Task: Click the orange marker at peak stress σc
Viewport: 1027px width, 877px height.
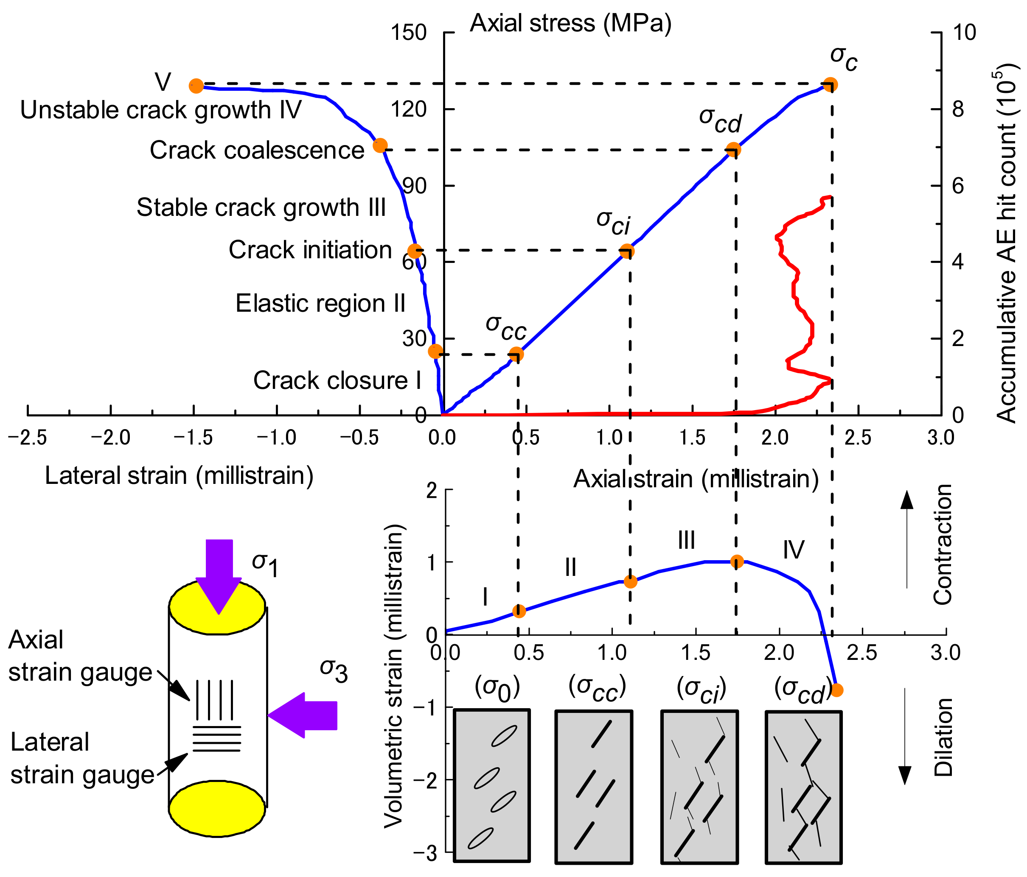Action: [x=831, y=85]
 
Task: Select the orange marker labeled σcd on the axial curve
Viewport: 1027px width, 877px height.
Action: [x=734, y=150]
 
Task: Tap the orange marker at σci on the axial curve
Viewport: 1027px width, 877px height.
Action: [x=627, y=251]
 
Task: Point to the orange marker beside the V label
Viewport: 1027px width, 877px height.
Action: [x=197, y=86]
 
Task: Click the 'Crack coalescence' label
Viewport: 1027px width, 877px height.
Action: [x=257, y=150]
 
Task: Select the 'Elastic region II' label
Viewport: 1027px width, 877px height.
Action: [x=320, y=303]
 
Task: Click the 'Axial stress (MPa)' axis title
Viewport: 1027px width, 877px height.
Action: [x=570, y=23]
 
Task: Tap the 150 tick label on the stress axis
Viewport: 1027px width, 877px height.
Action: [x=408, y=33]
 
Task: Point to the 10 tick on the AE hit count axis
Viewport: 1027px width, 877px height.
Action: [x=964, y=33]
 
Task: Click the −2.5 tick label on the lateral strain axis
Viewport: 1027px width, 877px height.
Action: [x=27, y=438]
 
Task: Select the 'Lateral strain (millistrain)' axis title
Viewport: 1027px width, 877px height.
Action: [x=179, y=475]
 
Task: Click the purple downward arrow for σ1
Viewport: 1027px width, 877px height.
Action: [x=219, y=575]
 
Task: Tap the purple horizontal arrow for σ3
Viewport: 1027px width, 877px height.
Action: [x=303, y=715]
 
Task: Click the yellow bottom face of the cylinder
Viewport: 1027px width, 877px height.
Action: [x=217, y=809]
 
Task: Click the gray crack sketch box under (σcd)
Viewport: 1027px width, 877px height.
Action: [x=803, y=788]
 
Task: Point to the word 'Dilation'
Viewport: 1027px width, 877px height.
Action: [x=943, y=737]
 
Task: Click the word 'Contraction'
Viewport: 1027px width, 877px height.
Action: [x=943, y=544]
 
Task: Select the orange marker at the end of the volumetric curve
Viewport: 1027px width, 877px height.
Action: [x=837, y=690]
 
